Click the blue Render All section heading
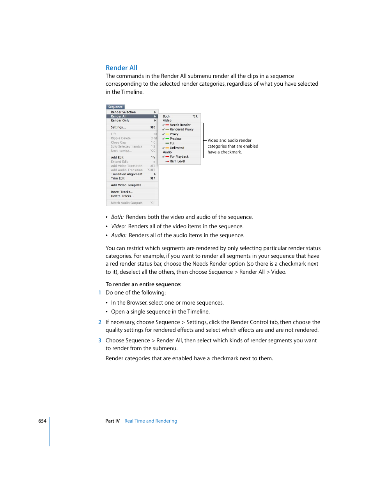121,68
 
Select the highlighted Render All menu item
119,116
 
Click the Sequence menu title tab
115,107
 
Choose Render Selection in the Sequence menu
123,112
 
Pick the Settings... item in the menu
118,127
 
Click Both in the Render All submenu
167,116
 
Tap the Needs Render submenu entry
180,125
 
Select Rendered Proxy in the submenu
181,129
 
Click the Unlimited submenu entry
177,148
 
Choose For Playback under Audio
179,157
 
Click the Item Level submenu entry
177,161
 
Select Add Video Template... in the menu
128,185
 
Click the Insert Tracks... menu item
122,192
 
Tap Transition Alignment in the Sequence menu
127,174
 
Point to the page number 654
42,421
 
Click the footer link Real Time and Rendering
151,421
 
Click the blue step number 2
100,322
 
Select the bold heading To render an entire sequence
143,284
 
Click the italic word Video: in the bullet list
119,226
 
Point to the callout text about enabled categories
232,146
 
